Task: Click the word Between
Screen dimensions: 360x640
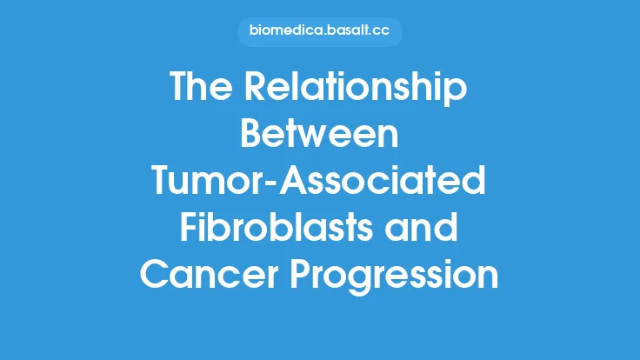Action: [x=319, y=136]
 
